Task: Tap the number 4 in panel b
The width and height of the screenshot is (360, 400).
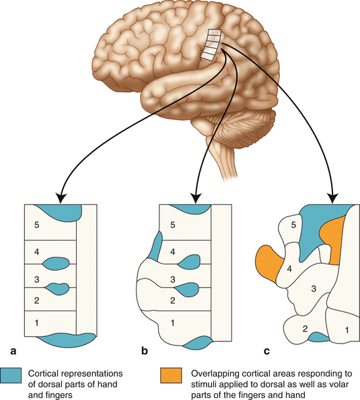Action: click(174, 252)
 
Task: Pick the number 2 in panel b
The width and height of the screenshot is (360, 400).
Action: click(174, 300)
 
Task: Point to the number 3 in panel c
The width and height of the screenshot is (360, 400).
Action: click(312, 288)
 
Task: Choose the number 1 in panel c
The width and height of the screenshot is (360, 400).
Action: click(347, 329)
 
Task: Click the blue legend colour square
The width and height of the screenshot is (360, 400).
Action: click(11, 373)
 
